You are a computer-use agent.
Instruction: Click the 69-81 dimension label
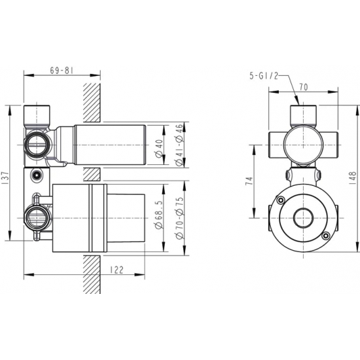click(x=62, y=71)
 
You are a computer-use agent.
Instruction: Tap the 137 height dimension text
click(x=6, y=177)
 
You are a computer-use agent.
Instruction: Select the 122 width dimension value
click(x=117, y=270)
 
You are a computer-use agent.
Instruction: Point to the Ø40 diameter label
click(x=159, y=149)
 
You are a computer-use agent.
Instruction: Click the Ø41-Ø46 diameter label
click(x=179, y=145)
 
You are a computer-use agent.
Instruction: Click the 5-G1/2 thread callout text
click(x=264, y=75)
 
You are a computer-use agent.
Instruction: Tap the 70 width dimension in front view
click(x=303, y=87)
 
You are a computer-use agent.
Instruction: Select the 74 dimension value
click(x=249, y=181)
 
